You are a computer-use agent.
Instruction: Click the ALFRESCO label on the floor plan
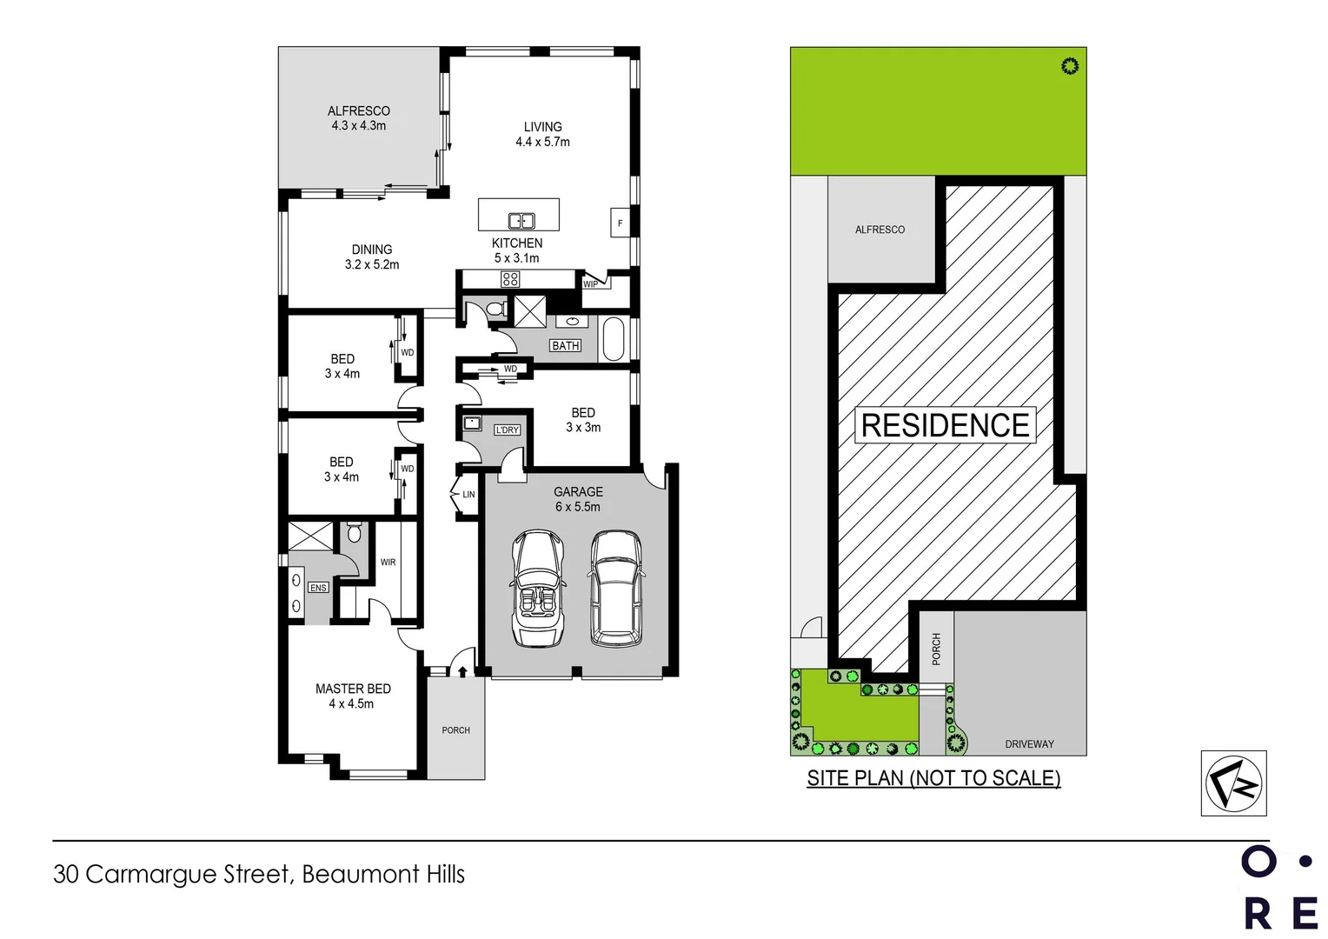[x=358, y=111]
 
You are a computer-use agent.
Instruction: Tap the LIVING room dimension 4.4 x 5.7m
[x=542, y=142]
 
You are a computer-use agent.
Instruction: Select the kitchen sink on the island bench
[x=521, y=221]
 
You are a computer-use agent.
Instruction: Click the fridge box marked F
[x=620, y=223]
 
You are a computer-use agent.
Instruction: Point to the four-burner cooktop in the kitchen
[x=510, y=279]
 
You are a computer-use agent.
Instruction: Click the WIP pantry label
[x=590, y=284]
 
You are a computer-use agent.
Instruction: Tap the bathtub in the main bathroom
[x=613, y=339]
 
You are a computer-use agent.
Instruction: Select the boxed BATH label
[x=565, y=346]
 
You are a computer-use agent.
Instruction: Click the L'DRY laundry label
[x=507, y=430]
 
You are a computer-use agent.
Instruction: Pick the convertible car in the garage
[x=538, y=589]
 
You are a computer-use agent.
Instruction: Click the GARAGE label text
[x=578, y=492]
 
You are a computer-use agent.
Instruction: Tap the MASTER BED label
[x=353, y=689]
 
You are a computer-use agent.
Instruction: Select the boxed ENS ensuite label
[x=318, y=588]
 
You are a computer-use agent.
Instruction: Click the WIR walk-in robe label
[x=388, y=563]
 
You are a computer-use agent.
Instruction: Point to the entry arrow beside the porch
[x=462, y=671]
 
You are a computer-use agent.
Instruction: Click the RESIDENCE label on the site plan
[x=945, y=425]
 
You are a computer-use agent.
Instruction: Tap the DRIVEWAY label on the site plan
[x=1029, y=744]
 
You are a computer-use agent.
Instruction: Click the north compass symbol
[x=1233, y=783]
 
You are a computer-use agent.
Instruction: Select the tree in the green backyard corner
[x=1070, y=66]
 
